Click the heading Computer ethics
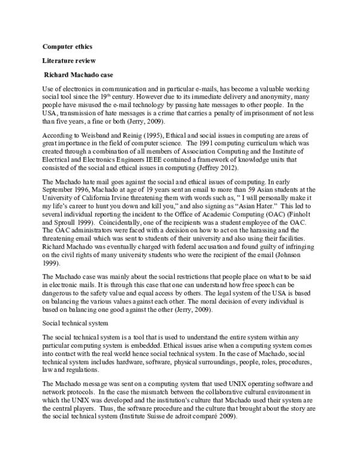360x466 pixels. [x=67, y=46]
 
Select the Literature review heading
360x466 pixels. [x=68, y=61]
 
